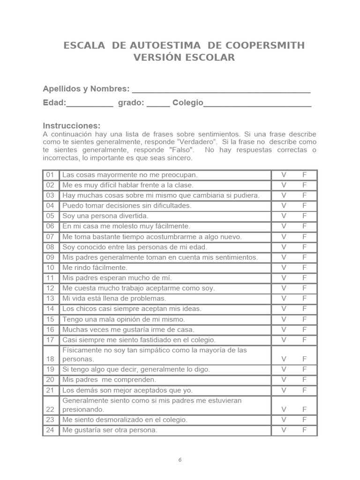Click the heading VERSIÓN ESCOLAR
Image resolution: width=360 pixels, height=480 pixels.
[184, 58]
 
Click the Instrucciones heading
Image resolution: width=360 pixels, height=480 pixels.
[72, 126]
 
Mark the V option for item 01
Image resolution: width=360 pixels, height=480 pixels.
[284, 175]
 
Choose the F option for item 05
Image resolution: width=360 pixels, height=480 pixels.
[305, 216]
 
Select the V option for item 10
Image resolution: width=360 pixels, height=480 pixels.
[284, 268]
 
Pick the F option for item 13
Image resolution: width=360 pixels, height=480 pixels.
[305, 299]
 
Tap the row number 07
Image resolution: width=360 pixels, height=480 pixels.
[51, 237]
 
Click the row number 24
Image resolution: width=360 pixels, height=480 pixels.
[51, 430]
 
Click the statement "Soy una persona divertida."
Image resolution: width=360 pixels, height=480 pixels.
[105, 216]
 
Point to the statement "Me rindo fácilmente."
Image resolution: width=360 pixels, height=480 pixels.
[95, 268]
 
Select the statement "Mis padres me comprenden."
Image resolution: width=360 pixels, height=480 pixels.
[109, 380]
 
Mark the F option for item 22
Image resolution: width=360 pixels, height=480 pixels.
[305, 409]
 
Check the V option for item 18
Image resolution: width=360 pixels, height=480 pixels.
[284, 359]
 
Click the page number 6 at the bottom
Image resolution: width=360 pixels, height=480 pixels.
[180, 460]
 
